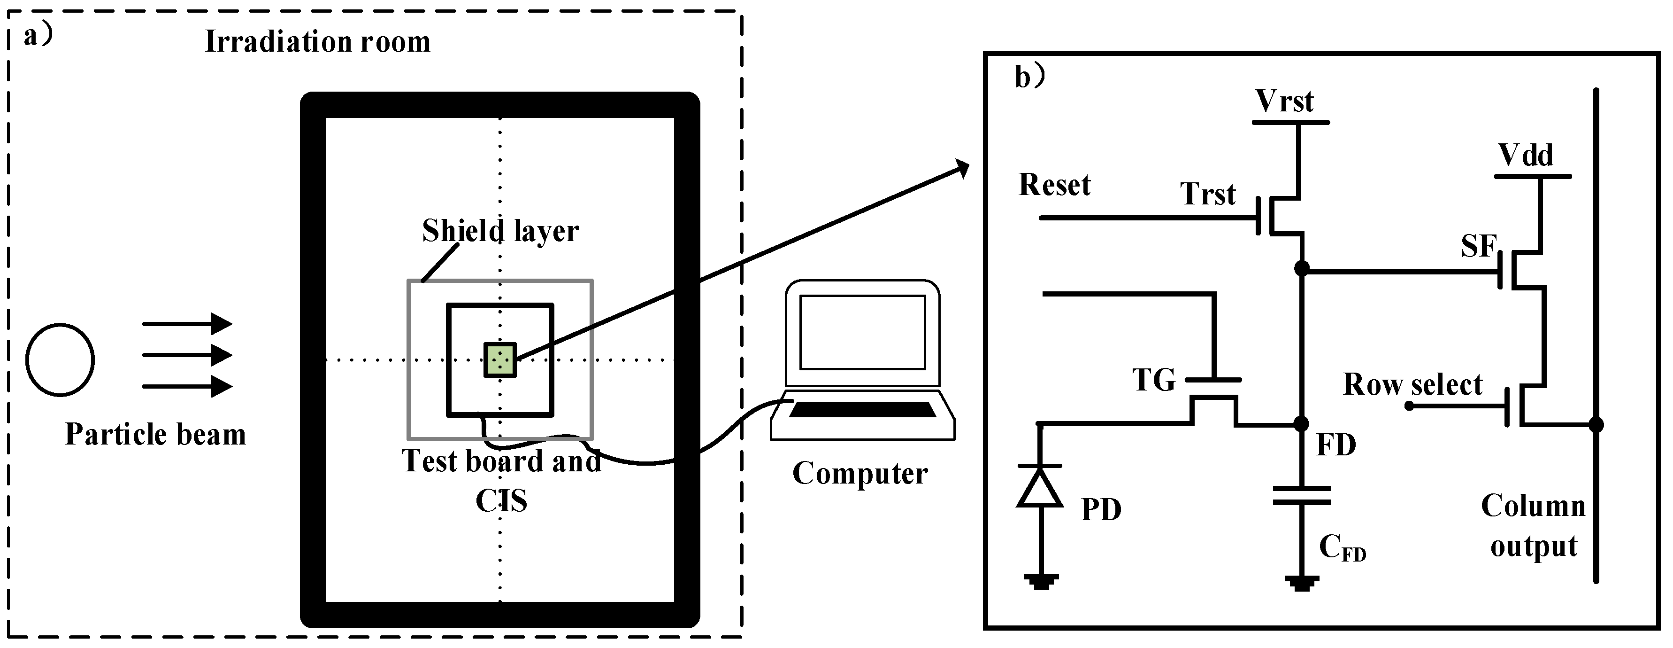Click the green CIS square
pos(499,360)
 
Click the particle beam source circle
pos(61,359)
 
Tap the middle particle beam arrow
pos(187,355)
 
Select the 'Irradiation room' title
pos(318,42)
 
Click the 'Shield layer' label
pos(500,231)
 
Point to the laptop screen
pos(862,332)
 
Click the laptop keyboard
pos(862,409)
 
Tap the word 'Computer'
pos(860,473)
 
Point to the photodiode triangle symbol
pos(1040,487)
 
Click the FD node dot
pos(1301,424)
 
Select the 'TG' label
pos(1153,380)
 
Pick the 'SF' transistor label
pos(1478,246)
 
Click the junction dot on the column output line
pos(1596,424)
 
